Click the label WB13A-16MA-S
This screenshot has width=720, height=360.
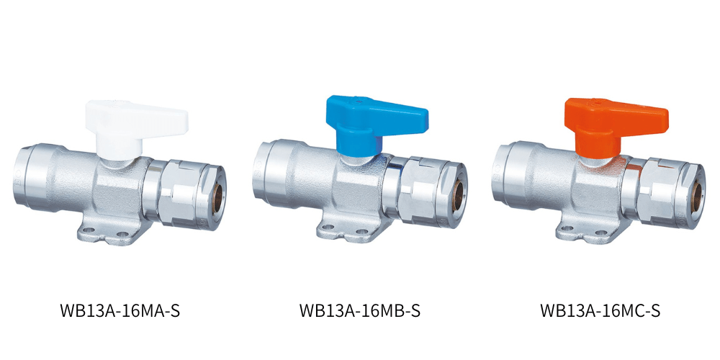tap(120, 312)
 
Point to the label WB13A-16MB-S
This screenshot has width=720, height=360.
tap(359, 312)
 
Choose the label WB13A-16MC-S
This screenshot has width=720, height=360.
tap(600, 312)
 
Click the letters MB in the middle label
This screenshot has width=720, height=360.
tap(390, 312)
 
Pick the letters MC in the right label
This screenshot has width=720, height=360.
tap(631, 312)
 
